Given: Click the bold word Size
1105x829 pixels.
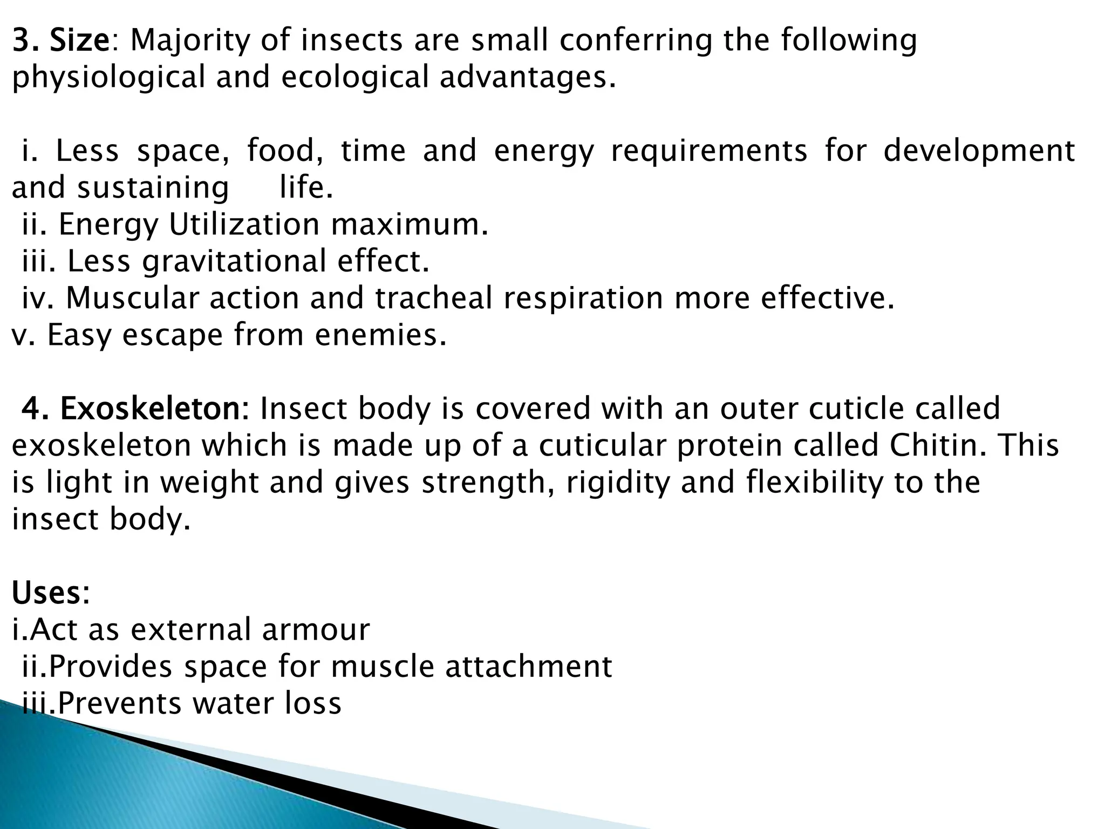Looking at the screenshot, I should tap(79, 40).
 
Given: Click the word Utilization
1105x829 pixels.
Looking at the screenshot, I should tap(244, 225).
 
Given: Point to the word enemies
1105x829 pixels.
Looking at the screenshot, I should tap(380, 335).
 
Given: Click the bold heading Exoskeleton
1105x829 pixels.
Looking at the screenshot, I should tap(154, 409).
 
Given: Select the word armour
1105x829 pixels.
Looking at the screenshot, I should tap(316, 630).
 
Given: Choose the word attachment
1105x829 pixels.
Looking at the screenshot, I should tap(529, 667).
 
